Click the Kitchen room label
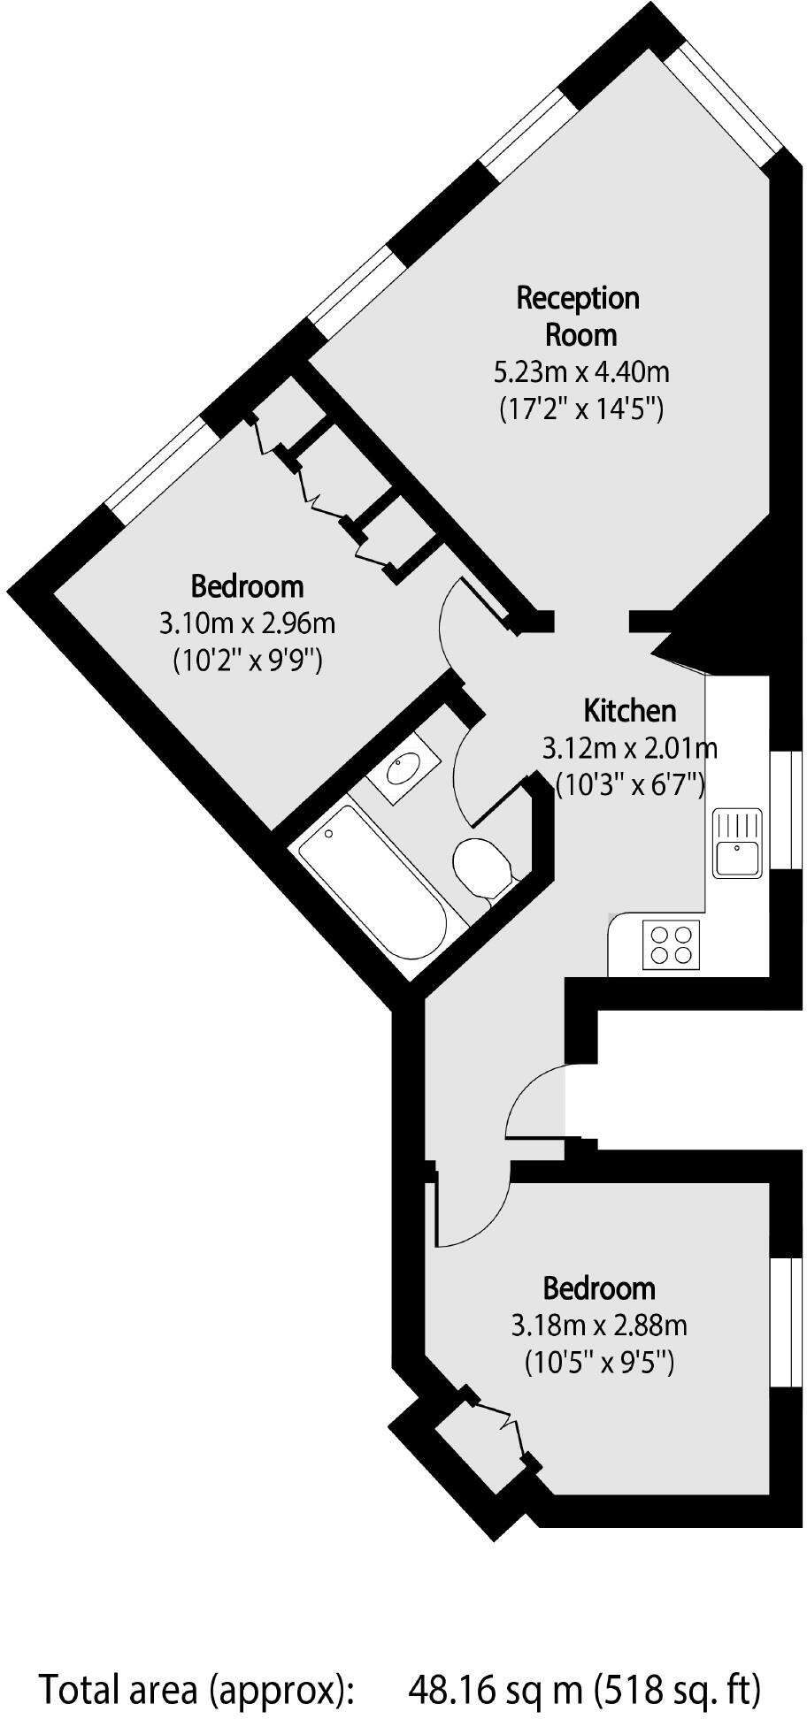tap(629, 710)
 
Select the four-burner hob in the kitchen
tap(671, 943)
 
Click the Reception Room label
tap(579, 316)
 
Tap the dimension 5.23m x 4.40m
tap(580, 371)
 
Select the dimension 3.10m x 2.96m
tap(247, 623)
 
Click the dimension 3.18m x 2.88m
tap(599, 1326)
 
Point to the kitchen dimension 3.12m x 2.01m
tap(629, 748)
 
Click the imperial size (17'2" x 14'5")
tap(580, 409)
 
